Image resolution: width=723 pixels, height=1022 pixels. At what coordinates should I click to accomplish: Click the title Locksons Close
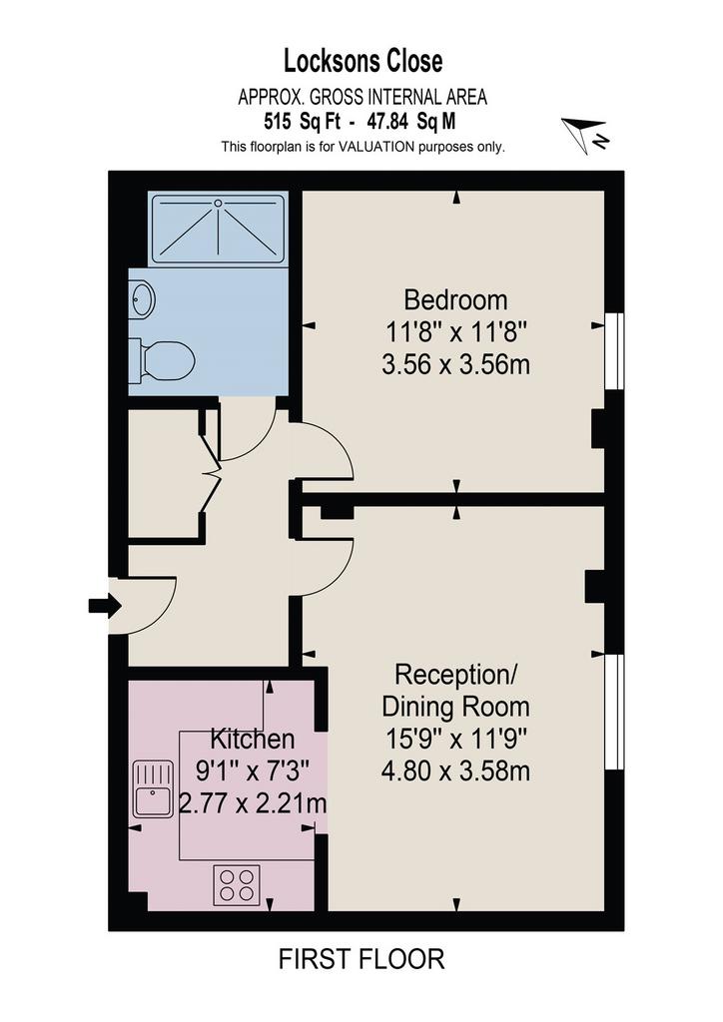(x=362, y=61)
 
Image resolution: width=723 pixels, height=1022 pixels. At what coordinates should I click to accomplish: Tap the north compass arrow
(x=584, y=134)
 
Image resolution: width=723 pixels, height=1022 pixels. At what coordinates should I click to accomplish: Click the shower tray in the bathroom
(x=219, y=229)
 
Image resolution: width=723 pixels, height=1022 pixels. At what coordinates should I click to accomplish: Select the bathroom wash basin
(x=142, y=299)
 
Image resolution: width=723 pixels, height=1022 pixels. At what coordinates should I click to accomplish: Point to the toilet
(x=163, y=359)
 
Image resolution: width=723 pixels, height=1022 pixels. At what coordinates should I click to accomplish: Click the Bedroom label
(x=455, y=300)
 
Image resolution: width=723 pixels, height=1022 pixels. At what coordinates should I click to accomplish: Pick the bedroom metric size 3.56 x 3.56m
(x=455, y=364)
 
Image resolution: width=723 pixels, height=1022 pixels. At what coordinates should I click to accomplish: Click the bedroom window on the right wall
(x=615, y=351)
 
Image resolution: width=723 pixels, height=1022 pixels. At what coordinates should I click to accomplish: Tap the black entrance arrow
(x=104, y=607)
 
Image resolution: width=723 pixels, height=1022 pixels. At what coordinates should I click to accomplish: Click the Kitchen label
(x=253, y=740)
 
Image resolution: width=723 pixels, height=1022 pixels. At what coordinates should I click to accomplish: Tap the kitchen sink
(x=153, y=788)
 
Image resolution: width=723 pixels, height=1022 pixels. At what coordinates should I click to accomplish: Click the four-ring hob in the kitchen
(x=237, y=884)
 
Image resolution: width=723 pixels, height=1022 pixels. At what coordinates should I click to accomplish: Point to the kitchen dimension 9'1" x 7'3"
(x=253, y=771)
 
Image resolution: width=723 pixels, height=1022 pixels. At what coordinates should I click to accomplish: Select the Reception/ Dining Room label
(x=455, y=691)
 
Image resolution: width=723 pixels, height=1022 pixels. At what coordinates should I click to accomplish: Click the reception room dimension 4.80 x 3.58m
(x=455, y=771)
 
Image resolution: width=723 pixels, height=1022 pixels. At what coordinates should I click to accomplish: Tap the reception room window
(x=615, y=712)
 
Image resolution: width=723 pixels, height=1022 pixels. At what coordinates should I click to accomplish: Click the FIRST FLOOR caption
(x=361, y=959)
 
